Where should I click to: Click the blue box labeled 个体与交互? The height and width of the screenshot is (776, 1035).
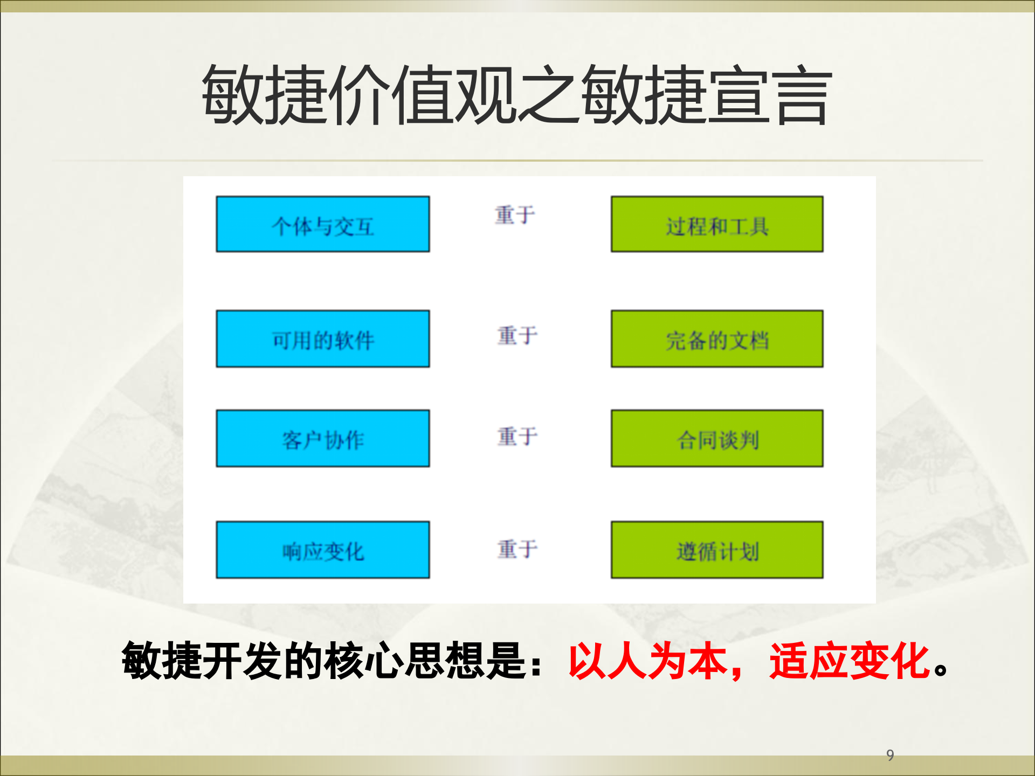(323, 224)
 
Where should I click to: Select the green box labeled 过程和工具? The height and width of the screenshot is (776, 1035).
(717, 224)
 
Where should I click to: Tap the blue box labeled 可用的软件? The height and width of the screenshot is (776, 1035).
(323, 339)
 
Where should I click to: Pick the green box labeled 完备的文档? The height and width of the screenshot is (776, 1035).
(717, 339)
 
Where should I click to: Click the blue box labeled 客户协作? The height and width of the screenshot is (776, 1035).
(323, 439)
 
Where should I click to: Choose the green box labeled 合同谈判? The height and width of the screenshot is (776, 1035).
(717, 439)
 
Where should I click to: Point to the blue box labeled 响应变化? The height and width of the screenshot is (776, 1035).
(323, 550)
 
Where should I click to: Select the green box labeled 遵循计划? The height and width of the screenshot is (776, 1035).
(717, 550)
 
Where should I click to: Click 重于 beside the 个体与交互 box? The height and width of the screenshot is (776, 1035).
(515, 215)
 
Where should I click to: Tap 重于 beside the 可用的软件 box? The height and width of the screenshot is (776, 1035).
(517, 336)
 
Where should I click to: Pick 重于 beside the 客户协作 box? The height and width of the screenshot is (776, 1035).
(517, 436)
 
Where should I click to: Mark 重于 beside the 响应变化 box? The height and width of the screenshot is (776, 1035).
(517, 549)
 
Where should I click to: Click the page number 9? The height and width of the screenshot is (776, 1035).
(890, 755)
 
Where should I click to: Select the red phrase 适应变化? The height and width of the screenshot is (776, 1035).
(850, 661)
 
